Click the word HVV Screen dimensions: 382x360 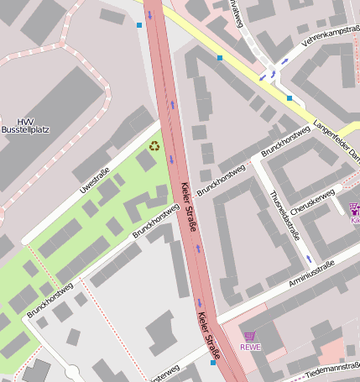pyautogui.click(x=26, y=122)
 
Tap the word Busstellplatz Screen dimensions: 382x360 pyautogui.click(x=26, y=131)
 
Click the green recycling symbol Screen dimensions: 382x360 pyautogui.click(x=154, y=146)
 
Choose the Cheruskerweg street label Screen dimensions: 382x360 pyautogui.click(x=310, y=204)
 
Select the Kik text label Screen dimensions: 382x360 pyautogui.click(x=355, y=220)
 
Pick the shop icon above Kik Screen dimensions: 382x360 pyautogui.click(x=354, y=208)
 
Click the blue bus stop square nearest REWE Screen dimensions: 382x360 pyautogui.click(x=213, y=364)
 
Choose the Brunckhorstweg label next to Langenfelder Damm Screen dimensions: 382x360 pyautogui.click(x=285, y=140)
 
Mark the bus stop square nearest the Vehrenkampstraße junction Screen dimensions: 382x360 pyautogui.click(x=290, y=98)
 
